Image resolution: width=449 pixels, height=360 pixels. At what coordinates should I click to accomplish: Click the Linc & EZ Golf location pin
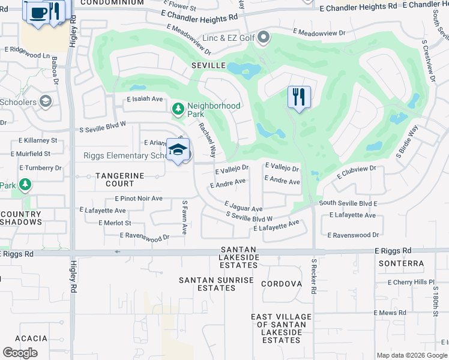[x=263, y=39]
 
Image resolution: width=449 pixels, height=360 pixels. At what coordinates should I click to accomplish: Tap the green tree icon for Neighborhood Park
[x=178, y=109]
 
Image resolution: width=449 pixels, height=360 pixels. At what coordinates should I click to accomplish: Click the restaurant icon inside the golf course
[x=299, y=97]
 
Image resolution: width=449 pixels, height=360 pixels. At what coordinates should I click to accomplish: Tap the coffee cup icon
[x=38, y=11]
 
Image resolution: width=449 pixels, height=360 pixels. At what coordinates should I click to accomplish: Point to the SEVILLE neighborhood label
[x=208, y=65]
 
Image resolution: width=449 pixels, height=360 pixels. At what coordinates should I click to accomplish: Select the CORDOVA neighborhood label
[x=281, y=284]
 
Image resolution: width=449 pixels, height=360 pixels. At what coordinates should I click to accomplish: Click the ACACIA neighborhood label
[x=31, y=338]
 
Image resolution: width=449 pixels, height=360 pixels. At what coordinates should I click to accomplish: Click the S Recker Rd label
[x=313, y=275]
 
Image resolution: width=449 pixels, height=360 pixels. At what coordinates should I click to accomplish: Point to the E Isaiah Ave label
[x=145, y=99]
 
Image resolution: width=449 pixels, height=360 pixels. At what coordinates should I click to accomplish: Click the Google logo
[x=20, y=353]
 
